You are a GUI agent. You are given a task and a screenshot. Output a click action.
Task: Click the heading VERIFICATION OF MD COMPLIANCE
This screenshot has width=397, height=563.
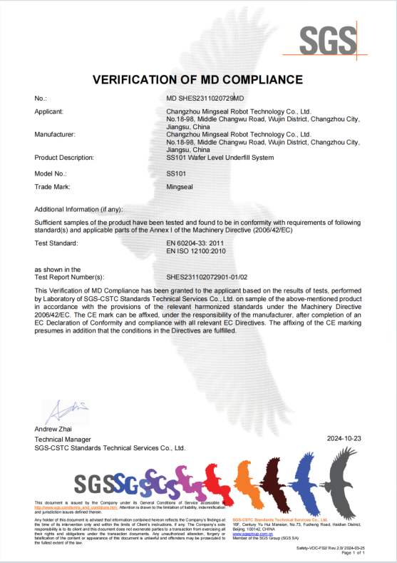tap(198, 78)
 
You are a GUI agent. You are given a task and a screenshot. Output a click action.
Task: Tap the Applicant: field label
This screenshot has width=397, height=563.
tap(49, 112)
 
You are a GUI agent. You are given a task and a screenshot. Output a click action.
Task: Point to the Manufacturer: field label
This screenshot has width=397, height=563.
tap(55, 133)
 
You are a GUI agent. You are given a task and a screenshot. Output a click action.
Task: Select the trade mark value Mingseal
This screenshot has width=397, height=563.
tap(179, 188)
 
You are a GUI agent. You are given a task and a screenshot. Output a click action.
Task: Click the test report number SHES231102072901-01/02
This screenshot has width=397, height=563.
tap(207, 276)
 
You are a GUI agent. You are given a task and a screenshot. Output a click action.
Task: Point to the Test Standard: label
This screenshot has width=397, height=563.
tap(56, 244)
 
